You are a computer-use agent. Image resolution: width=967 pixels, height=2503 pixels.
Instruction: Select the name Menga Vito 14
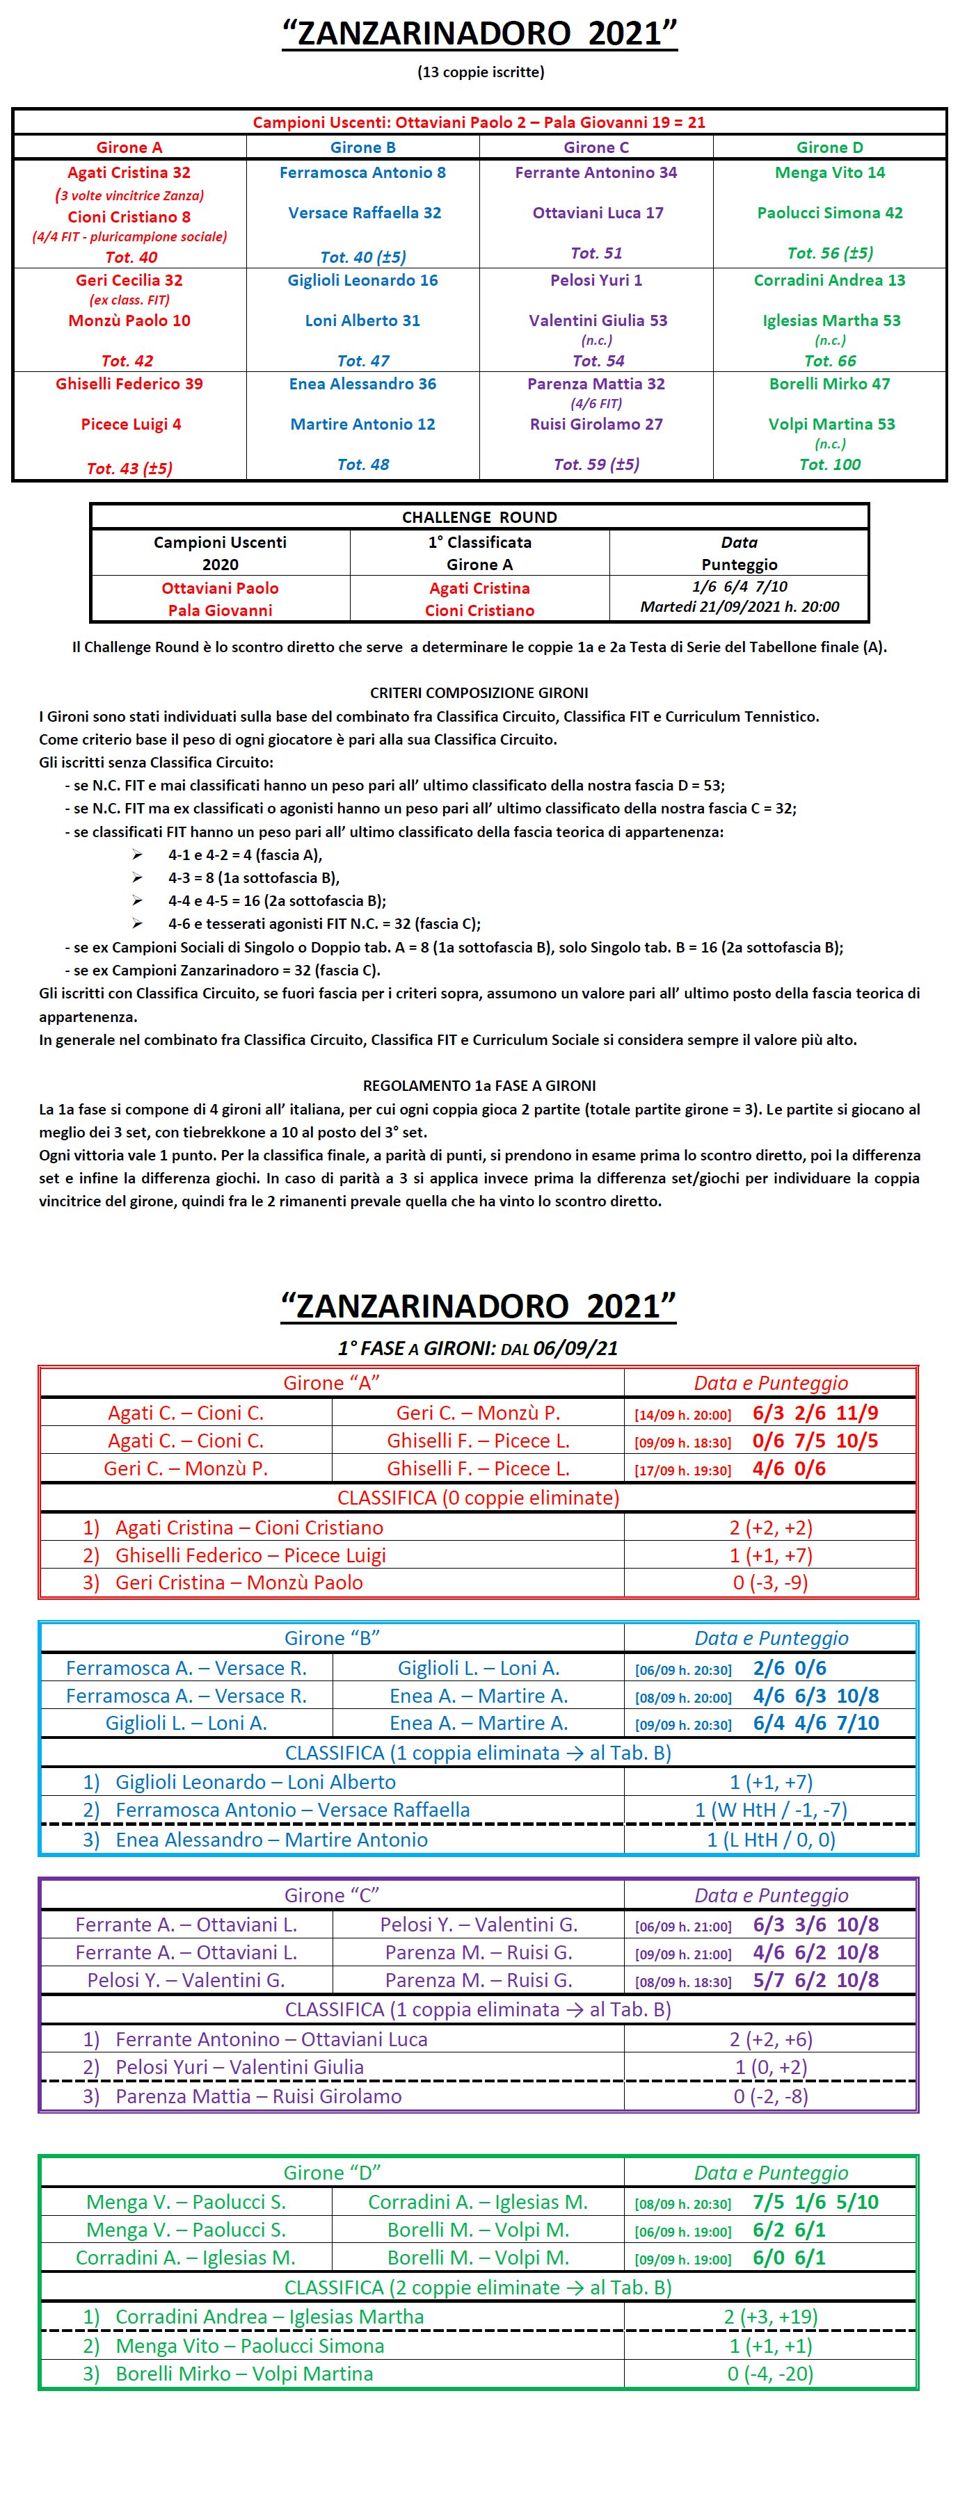[x=829, y=173]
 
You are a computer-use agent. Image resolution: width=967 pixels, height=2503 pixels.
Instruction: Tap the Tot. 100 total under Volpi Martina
[x=829, y=464]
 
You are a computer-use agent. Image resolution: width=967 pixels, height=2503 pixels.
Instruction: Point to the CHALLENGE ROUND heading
[x=479, y=517]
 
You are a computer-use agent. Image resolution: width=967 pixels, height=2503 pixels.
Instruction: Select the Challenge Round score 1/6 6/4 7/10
[x=740, y=587]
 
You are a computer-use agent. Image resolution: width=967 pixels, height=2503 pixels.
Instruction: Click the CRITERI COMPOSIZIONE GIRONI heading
[x=479, y=692]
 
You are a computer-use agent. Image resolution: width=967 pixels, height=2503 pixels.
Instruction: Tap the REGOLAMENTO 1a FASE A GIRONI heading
[x=479, y=1085]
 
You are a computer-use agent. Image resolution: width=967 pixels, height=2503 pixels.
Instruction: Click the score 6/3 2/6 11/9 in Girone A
[x=815, y=1413]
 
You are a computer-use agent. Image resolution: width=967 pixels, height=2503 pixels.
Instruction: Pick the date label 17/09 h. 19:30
[x=682, y=1470]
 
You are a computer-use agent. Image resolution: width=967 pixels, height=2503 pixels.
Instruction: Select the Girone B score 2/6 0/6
[x=789, y=1669]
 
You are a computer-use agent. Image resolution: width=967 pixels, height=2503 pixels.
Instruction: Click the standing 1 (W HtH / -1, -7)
[x=771, y=1811]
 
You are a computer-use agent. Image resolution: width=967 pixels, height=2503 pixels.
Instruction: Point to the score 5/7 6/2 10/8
[x=815, y=1980]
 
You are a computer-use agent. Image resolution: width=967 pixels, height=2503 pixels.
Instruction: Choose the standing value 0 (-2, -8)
[x=771, y=2096]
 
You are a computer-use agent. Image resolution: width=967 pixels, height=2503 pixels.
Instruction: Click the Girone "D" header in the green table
[x=331, y=2173]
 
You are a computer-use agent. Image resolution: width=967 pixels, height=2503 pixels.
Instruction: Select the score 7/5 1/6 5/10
[x=815, y=2202]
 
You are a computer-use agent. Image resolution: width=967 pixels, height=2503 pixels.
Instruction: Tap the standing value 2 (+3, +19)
[x=771, y=2317]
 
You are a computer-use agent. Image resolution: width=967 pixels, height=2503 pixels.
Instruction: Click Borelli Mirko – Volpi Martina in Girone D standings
[x=244, y=2374]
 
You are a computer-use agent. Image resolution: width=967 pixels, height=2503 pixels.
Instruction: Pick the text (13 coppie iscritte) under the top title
[x=480, y=72]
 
